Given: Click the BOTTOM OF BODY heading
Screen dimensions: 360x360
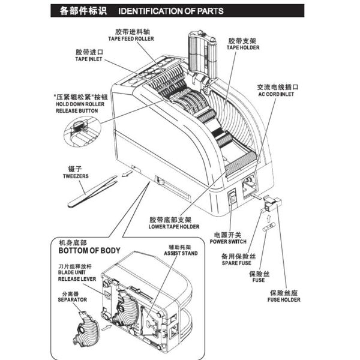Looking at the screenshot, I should tap(88, 250).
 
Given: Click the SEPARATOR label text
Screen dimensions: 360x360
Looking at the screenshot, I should tap(71, 298).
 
